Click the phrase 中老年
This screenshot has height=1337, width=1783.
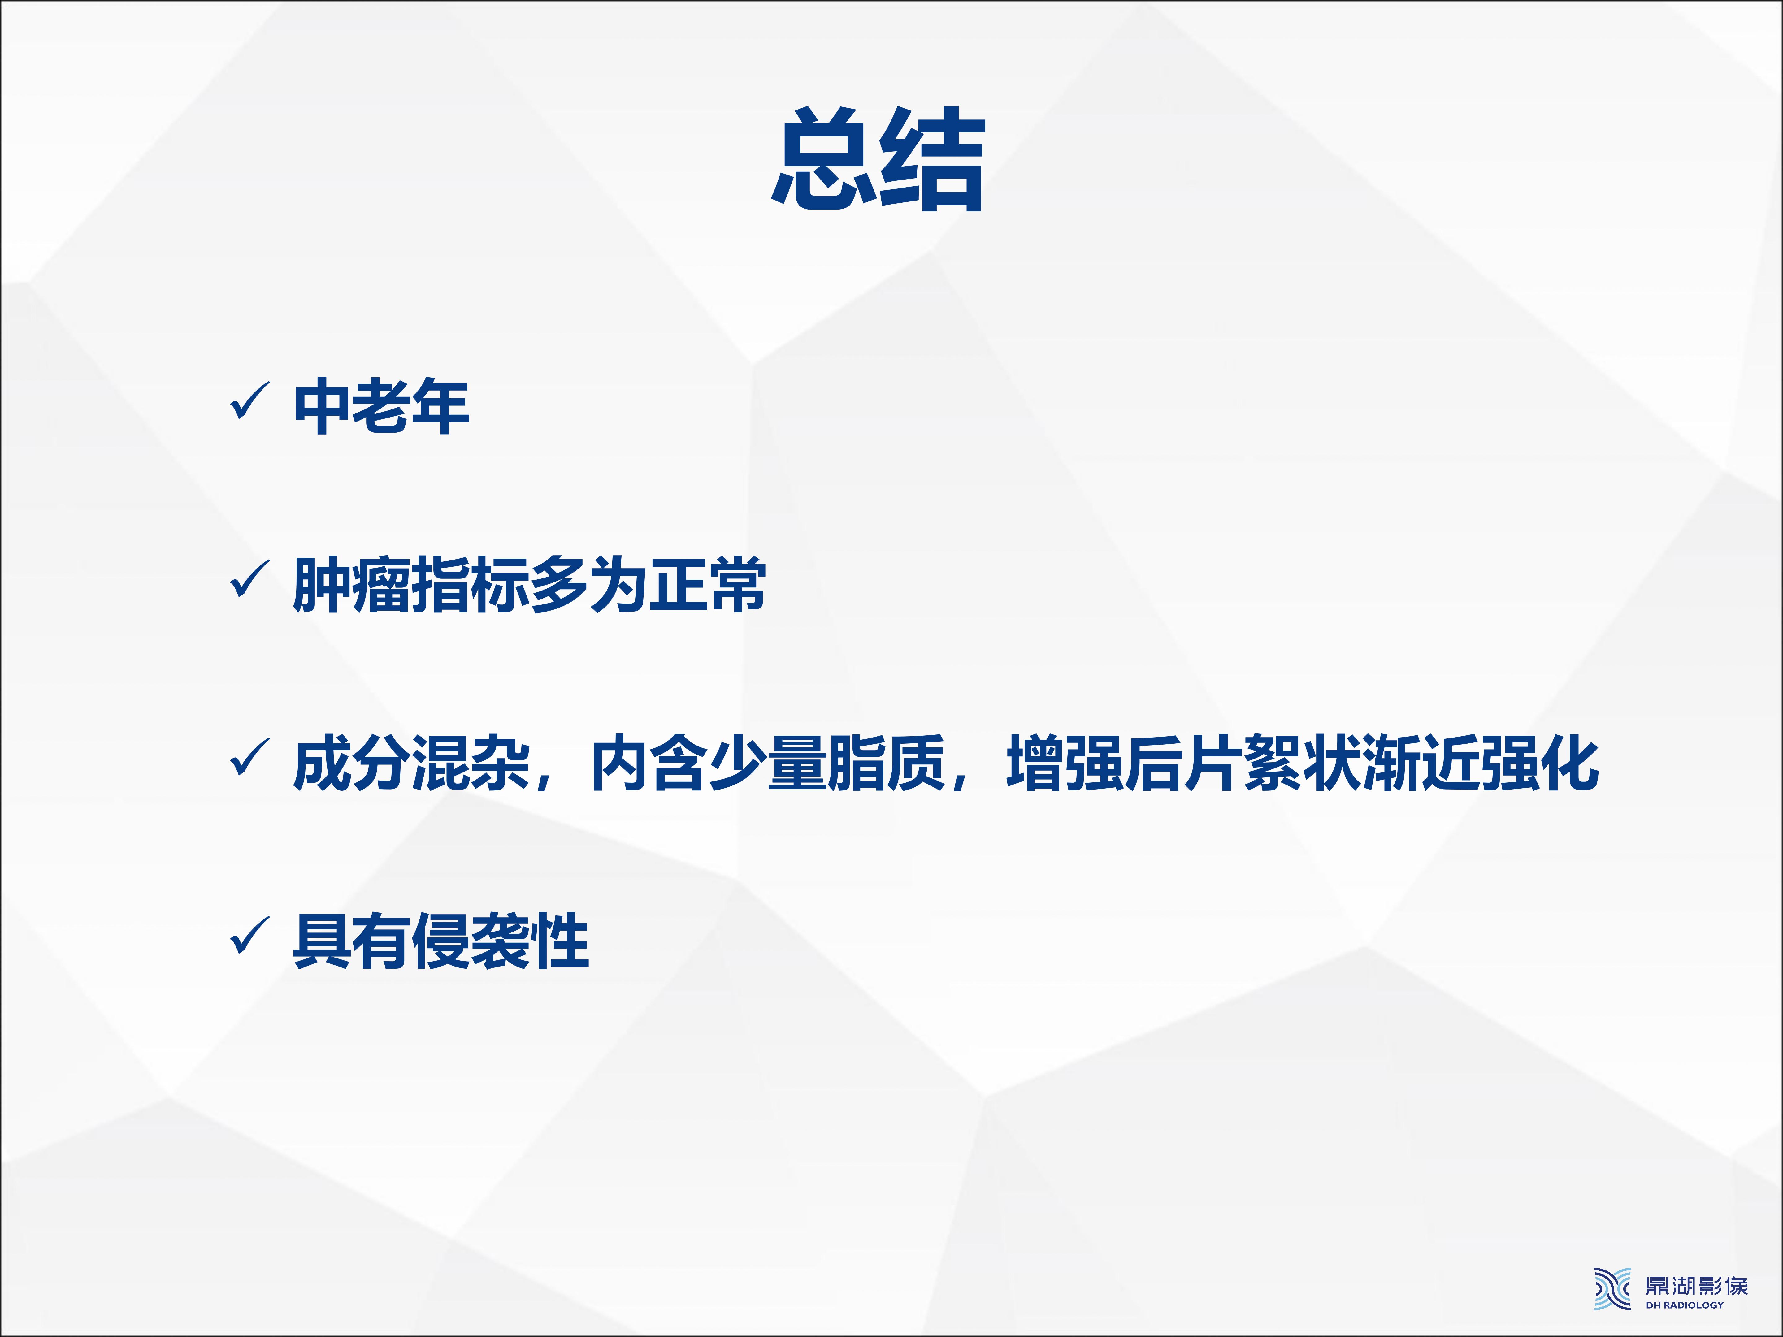click(x=381, y=405)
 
